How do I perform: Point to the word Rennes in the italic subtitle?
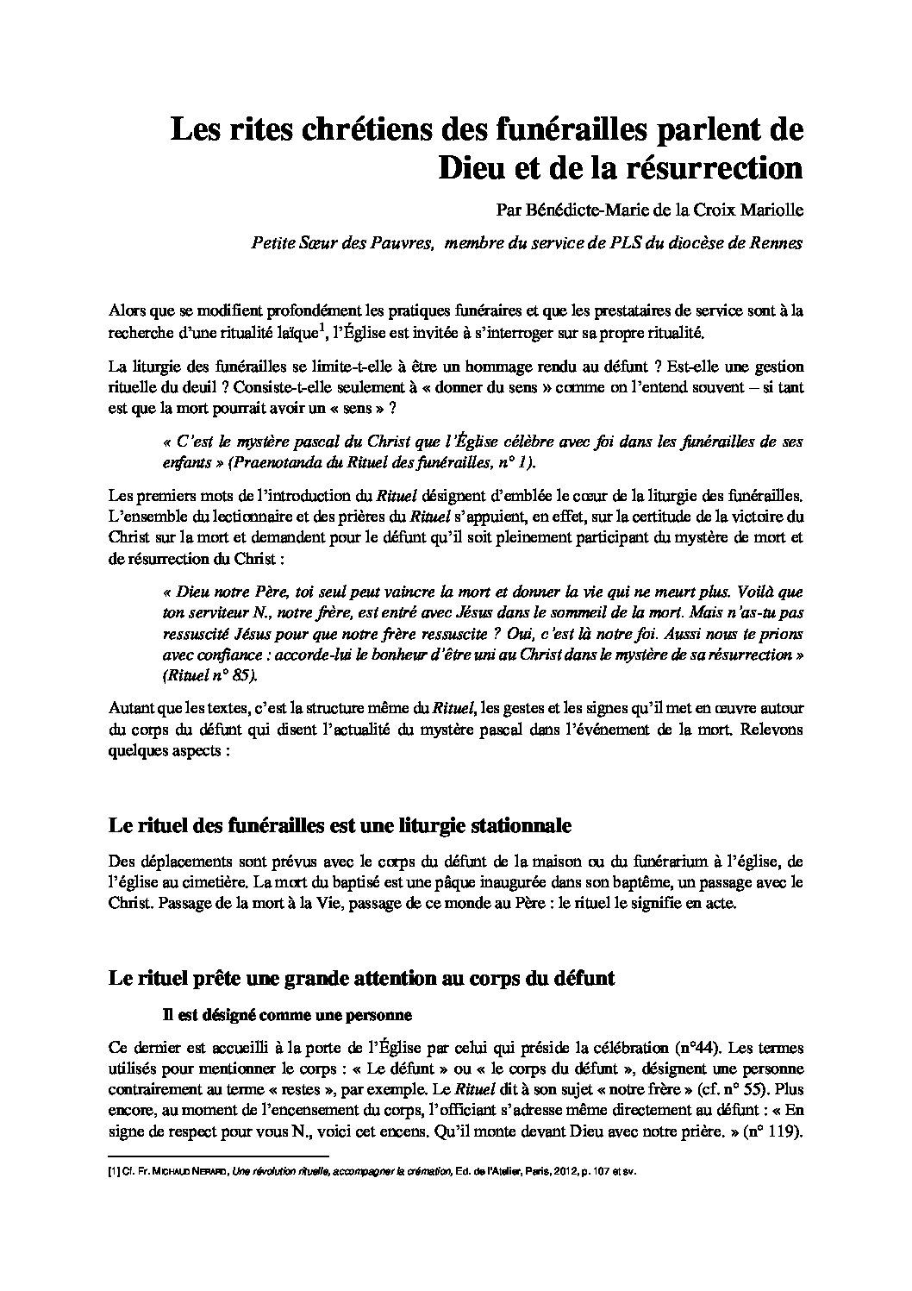(777, 243)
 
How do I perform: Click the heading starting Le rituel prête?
(361, 979)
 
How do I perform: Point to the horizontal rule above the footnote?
(220, 1156)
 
